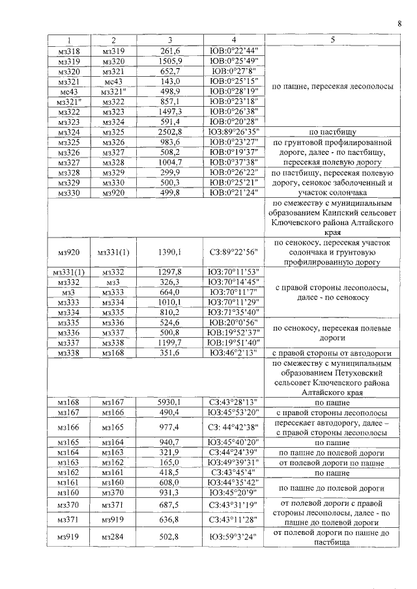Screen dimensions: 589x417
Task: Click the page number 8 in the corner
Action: [399, 25]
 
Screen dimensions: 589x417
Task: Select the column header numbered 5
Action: [332, 39]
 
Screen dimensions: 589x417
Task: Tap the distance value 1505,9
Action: [169, 61]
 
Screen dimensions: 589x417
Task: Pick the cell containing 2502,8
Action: [169, 132]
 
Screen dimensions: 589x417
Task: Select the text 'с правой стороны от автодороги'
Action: [332, 353]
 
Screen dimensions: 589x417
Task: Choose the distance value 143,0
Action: [169, 81]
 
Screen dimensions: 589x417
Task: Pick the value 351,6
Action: [169, 353]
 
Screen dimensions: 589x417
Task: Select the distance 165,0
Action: [169, 463]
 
